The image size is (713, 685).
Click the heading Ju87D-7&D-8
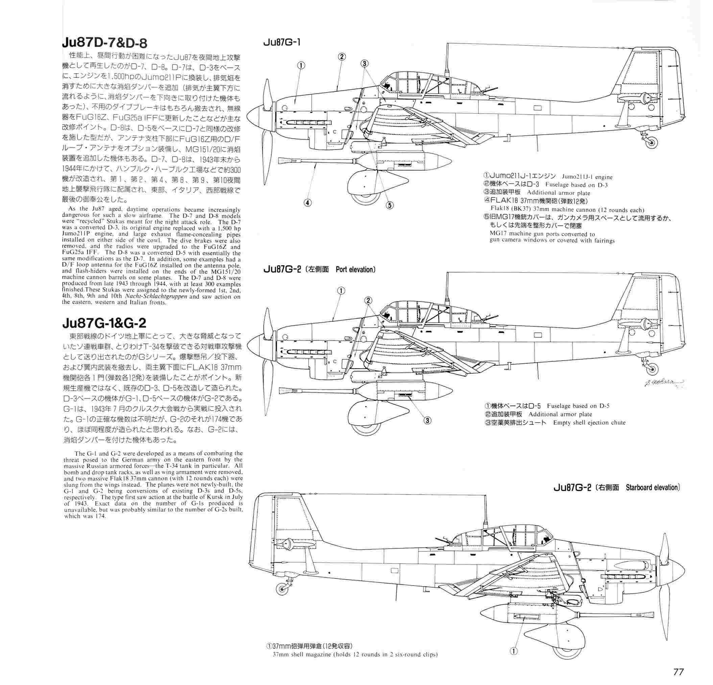105,43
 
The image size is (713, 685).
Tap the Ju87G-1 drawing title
282,43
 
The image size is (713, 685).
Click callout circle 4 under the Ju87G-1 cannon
308,203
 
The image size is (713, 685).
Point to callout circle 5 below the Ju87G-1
389,205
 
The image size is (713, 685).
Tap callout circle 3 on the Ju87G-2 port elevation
427,421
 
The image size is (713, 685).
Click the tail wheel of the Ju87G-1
651,143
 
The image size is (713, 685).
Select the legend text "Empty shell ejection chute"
589,423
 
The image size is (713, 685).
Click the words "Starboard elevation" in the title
652,487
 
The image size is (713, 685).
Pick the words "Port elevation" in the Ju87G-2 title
355,270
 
